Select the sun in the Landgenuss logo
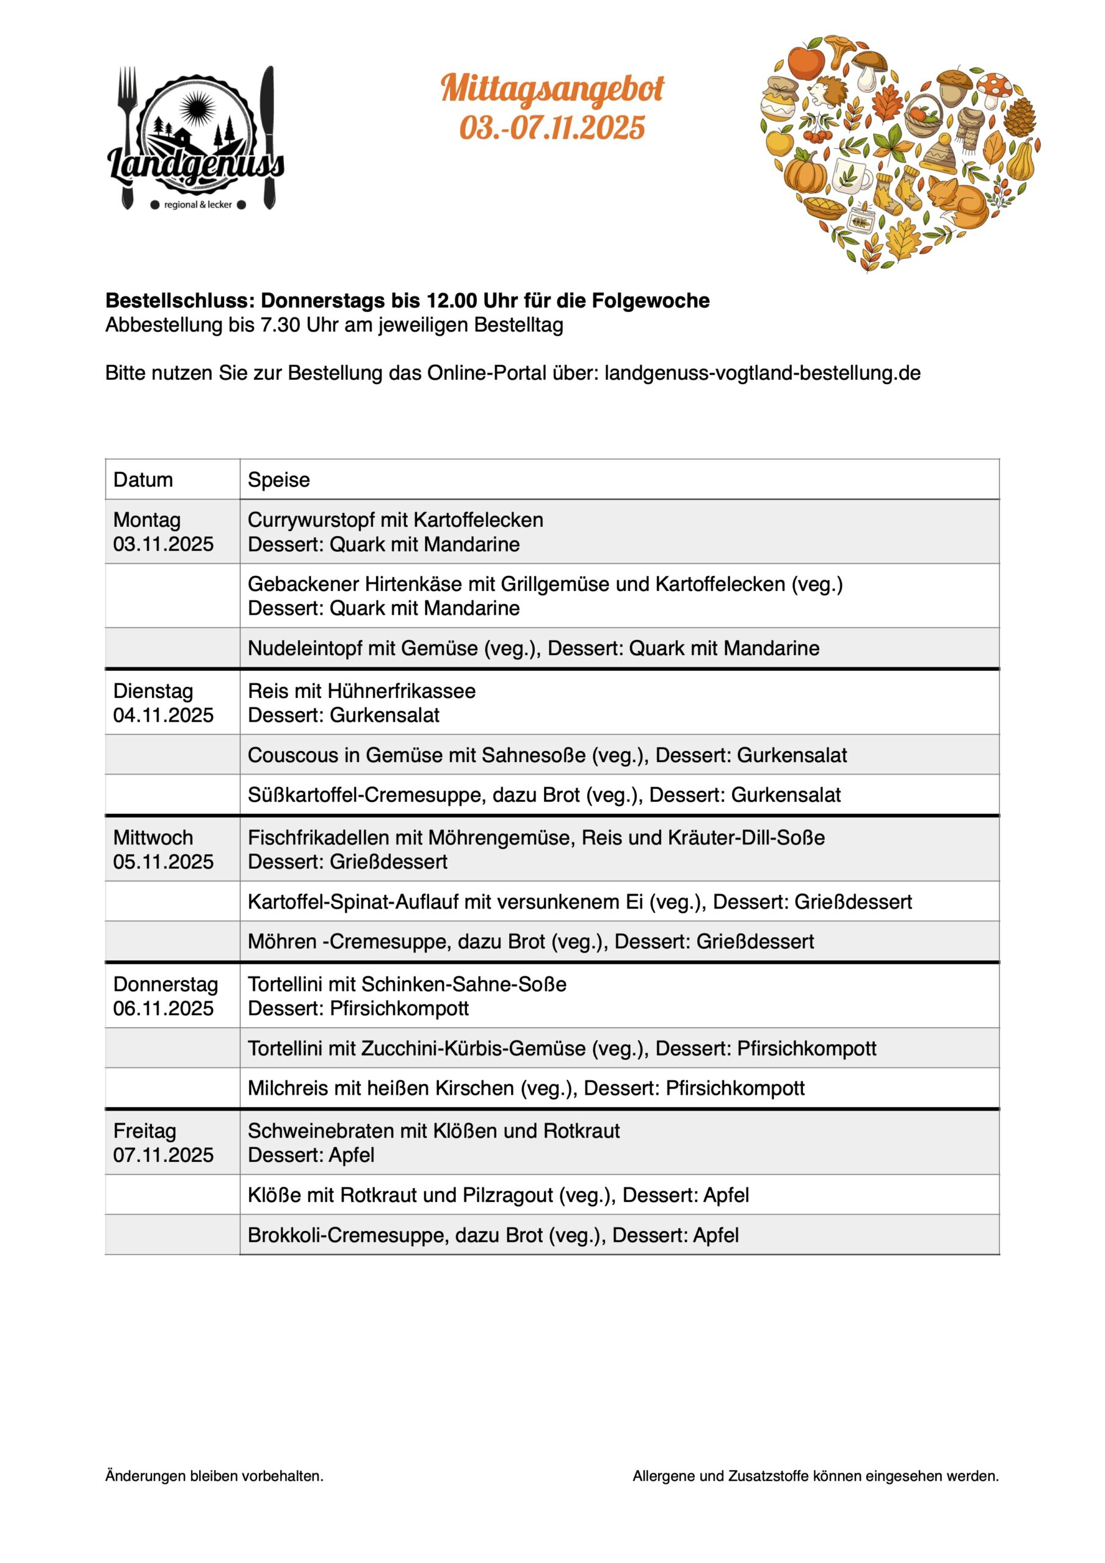pyautogui.click(x=197, y=107)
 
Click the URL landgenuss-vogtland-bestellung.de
pyautogui.click(x=762, y=373)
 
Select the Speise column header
pyautogui.click(x=278, y=480)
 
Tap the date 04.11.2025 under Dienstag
pyautogui.click(x=164, y=715)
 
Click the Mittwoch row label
pyautogui.click(x=153, y=836)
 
